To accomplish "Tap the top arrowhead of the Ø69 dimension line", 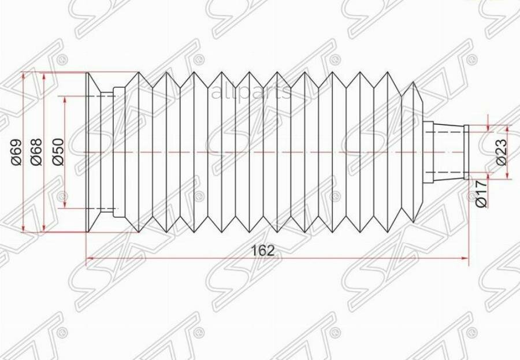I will (x=23, y=76).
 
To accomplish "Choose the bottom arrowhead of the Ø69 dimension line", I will (x=23, y=229).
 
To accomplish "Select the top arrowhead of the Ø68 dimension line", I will (x=44, y=77).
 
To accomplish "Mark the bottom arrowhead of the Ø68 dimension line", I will (x=44, y=228).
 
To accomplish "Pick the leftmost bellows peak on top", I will (x=139, y=73).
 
